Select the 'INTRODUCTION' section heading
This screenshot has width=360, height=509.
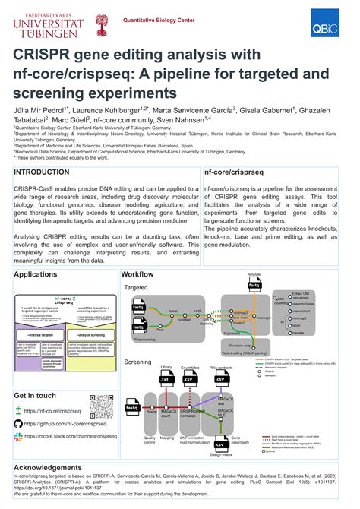point(46,172)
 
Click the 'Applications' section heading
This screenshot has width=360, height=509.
point(36,295)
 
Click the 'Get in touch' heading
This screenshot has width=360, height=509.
point(35,395)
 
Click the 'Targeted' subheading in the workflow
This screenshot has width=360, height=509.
point(136,309)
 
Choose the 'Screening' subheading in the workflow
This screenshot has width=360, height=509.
point(137,362)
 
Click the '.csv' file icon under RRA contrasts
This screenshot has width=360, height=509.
point(221,381)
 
